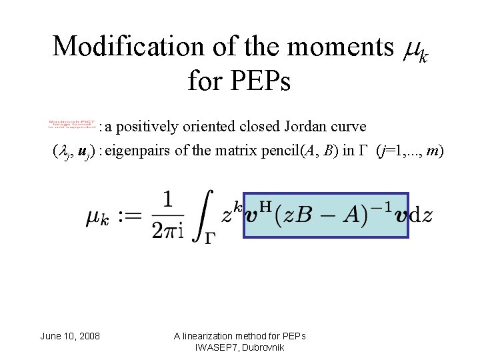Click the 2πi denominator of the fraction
pyautogui.click(x=167, y=229)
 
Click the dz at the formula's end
pyautogui.click(x=421, y=215)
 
